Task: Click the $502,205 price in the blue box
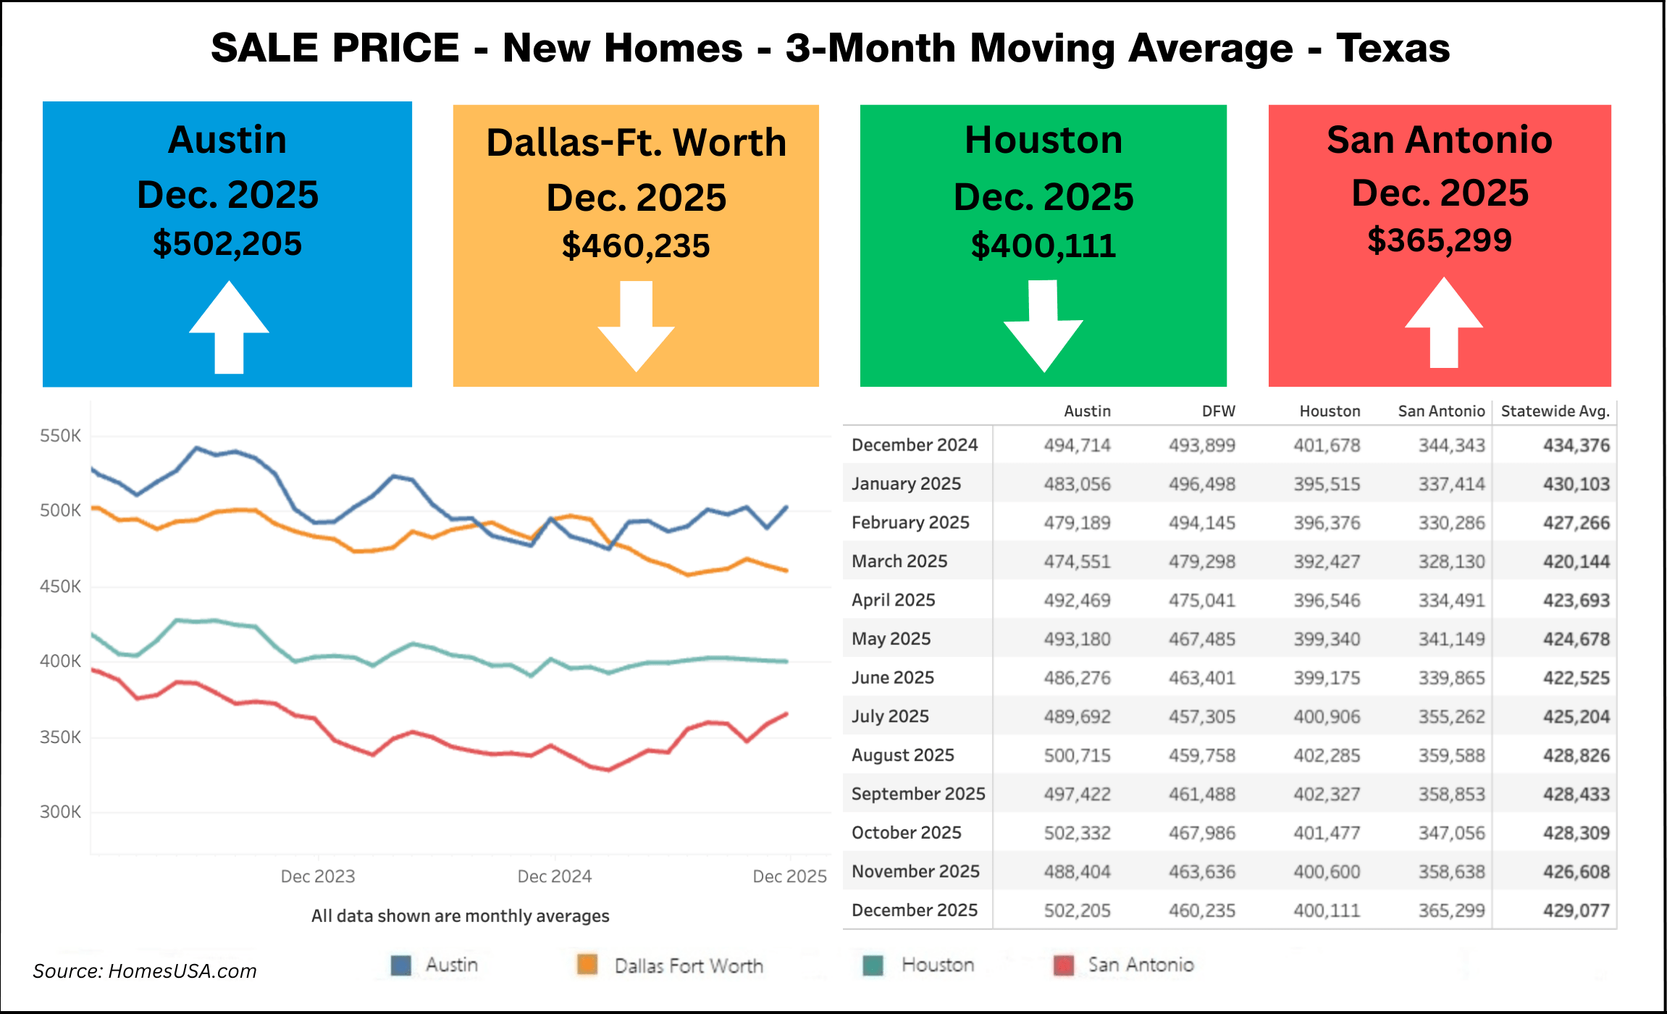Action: point(227,244)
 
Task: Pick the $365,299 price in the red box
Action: point(1439,240)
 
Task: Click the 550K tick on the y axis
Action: point(60,436)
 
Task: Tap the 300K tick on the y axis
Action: point(60,812)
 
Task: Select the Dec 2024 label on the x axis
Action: point(554,876)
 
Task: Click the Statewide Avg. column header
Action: point(1555,411)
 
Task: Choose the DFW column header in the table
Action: point(1218,411)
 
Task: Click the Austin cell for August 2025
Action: point(1077,755)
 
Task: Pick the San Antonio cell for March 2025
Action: point(1451,561)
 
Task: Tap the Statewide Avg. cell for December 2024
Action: point(1576,445)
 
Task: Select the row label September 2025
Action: point(918,794)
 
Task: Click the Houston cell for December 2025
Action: point(1327,910)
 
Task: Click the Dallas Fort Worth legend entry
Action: point(688,965)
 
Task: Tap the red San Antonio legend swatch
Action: point(1063,965)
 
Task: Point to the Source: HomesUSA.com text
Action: point(145,971)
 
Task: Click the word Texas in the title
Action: point(1393,49)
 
